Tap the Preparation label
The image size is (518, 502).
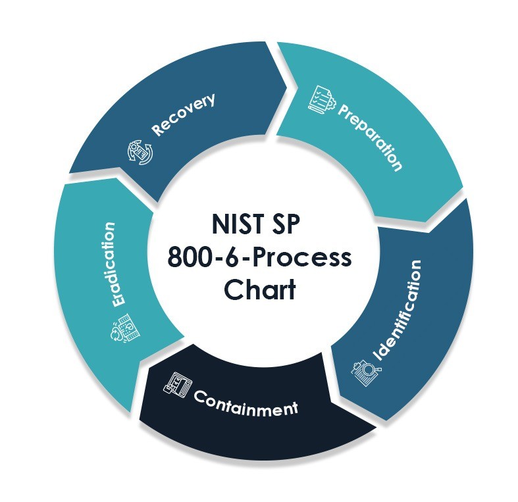pos(369,136)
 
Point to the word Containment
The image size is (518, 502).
pos(245,402)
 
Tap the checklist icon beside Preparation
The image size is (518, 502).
pos(323,97)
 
